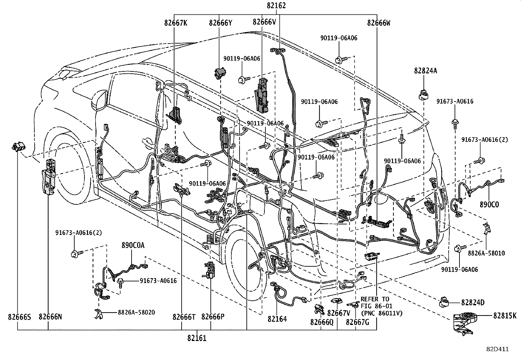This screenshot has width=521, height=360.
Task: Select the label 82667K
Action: point(176,23)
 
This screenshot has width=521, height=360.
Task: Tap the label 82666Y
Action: point(221,23)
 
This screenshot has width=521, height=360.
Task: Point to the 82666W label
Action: point(379,23)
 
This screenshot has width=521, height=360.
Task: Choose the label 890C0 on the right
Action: point(489,204)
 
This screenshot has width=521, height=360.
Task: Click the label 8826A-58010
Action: point(486,253)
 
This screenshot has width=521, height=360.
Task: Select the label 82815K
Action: point(505,316)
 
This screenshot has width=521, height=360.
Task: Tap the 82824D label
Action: point(473,302)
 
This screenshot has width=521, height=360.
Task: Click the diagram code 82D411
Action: point(497,349)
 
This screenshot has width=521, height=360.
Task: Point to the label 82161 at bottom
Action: point(197,338)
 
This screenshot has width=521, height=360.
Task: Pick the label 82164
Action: point(277,319)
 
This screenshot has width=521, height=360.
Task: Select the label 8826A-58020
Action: point(136,313)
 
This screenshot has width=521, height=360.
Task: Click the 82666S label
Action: point(19,317)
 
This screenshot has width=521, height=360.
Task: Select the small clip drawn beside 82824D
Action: point(444,302)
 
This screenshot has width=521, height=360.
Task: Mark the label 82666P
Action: point(213,317)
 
